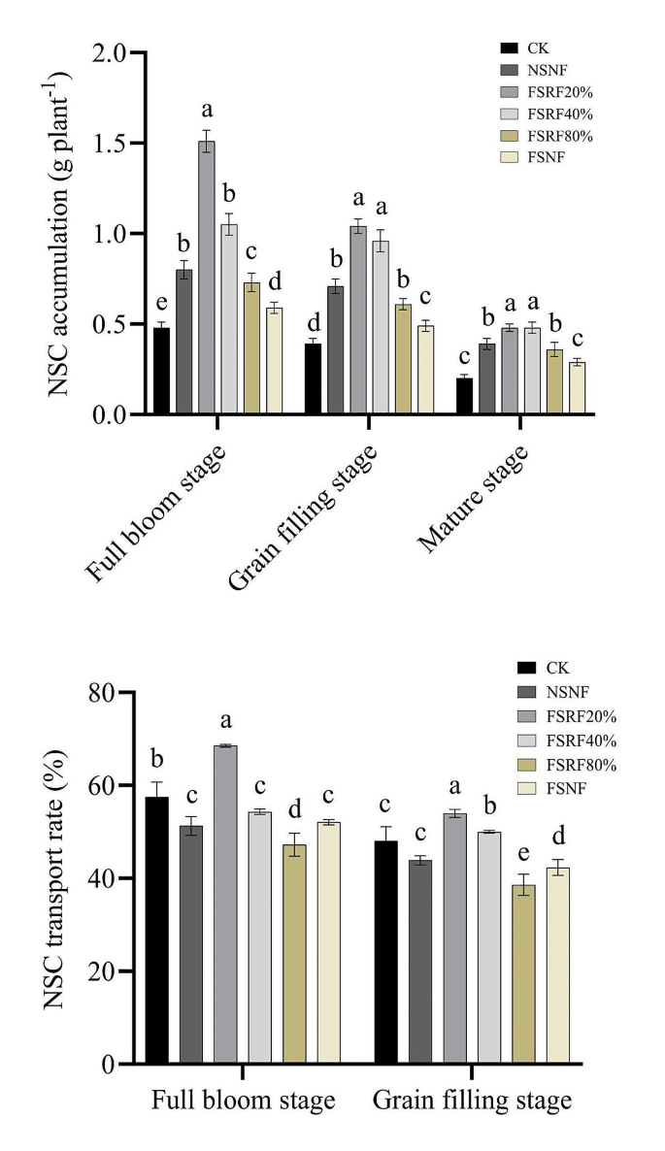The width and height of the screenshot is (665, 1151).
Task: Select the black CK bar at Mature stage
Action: [464, 397]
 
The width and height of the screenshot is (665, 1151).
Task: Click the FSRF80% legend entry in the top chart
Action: [556, 135]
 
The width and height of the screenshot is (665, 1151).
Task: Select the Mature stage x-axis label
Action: [475, 501]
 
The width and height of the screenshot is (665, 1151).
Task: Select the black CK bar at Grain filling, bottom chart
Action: [385, 952]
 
